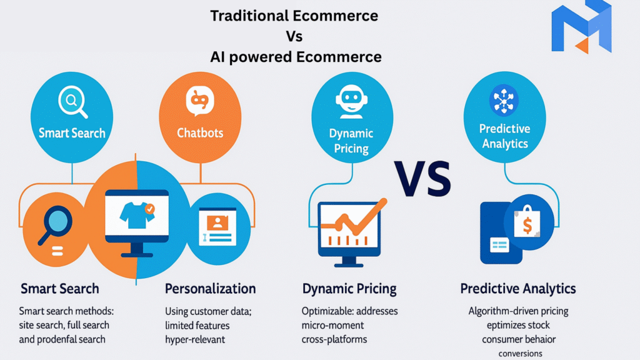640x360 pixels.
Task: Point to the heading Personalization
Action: tap(211, 289)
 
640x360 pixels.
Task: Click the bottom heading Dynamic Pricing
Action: tap(349, 289)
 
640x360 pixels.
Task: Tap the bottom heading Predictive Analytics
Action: tap(518, 289)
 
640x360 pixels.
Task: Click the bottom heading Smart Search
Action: tap(60, 289)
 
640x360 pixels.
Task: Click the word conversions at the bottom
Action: tap(521, 353)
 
